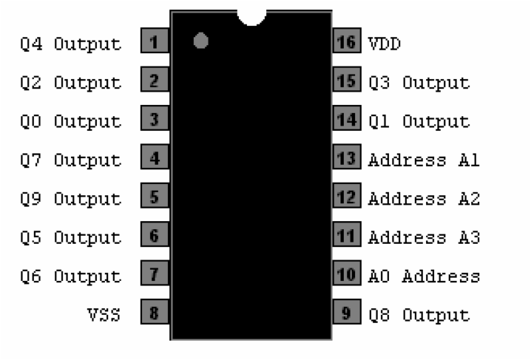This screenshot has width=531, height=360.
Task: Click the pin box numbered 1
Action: pos(155,43)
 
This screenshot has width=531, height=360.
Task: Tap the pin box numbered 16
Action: pos(346,43)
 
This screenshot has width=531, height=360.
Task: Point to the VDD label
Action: pos(384,45)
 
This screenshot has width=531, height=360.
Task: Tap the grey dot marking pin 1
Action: pos(201,41)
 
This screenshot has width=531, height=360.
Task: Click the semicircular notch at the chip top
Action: pos(252,17)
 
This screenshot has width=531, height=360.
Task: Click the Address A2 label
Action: pos(423,199)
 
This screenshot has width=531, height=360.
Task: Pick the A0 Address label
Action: pos(423,276)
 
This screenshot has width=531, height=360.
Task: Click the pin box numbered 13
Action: pos(346,159)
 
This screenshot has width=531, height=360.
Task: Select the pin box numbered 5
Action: pos(155,197)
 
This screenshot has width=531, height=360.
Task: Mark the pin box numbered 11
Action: pos(346,236)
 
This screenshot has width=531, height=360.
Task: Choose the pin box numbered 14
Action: pos(346,120)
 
